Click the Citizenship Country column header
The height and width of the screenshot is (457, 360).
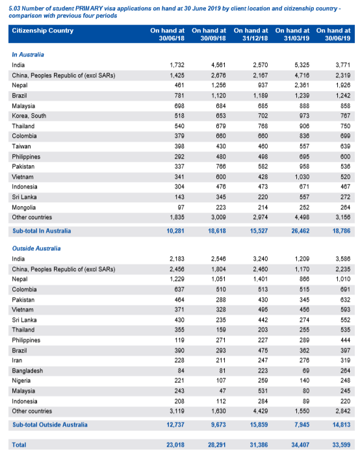tap(42, 31)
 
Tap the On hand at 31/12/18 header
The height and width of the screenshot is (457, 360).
tap(251, 34)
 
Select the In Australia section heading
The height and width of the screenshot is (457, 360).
tap(28, 55)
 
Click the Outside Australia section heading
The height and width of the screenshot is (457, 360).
tap(36, 248)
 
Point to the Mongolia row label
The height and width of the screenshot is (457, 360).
tap(24, 207)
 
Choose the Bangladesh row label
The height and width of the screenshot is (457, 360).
tap(27, 371)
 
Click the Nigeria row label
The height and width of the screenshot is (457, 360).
tap(21, 381)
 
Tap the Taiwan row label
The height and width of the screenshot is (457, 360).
tap(21, 146)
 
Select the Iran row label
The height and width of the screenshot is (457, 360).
tap(17, 361)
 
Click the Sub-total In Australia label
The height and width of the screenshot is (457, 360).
tap(42, 231)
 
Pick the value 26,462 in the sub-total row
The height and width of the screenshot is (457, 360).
tap(300, 231)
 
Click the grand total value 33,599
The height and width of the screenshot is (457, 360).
tap(341, 445)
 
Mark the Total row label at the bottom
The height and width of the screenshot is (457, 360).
tap(19, 445)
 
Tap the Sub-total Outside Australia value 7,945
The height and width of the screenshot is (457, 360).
tap(302, 424)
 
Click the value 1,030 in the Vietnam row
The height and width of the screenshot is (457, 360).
tap(302, 177)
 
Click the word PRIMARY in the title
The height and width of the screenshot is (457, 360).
tap(89, 8)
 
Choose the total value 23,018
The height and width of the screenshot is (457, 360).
tap(175, 445)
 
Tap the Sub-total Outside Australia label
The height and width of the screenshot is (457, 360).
tap(50, 424)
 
